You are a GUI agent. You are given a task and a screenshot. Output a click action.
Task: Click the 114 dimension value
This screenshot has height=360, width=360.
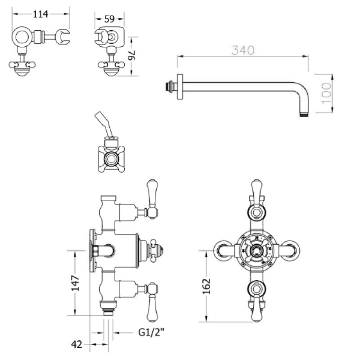point(41,14)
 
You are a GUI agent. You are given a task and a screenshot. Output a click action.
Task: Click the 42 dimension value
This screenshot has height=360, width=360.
point(77,345)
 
